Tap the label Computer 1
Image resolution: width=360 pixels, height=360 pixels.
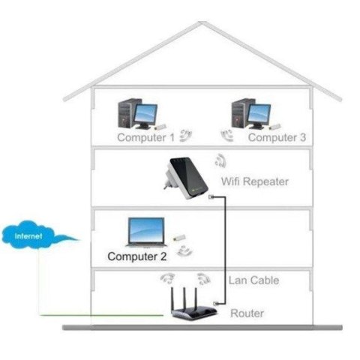click(145, 138)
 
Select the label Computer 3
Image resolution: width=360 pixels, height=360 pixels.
click(277, 138)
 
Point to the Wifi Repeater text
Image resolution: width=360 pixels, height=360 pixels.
click(255, 181)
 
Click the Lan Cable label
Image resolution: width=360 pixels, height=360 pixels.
click(253, 280)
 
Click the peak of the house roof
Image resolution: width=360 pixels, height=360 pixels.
click(202, 24)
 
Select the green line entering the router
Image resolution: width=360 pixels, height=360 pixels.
click(112, 316)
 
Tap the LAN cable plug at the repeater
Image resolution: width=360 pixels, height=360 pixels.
click(211, 199)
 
